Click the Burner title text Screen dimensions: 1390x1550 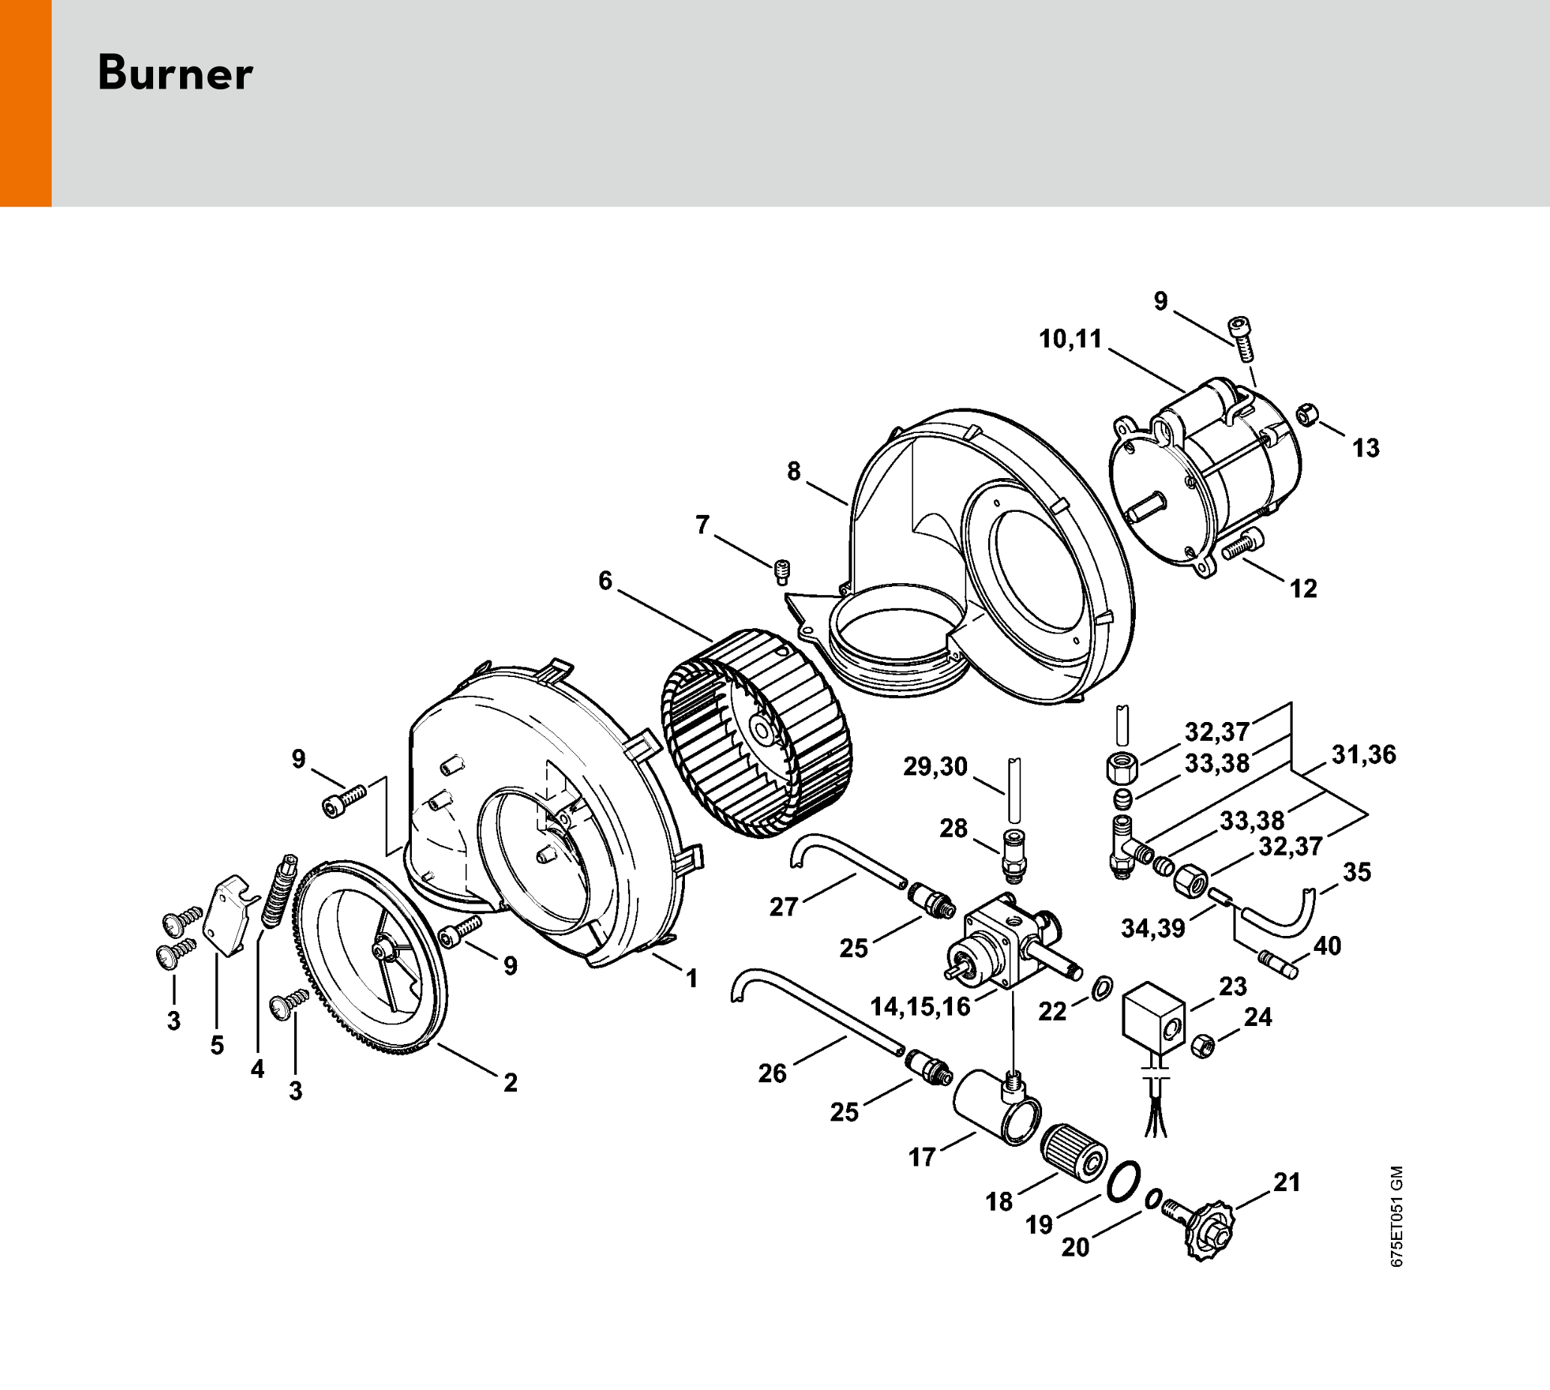[175, 74]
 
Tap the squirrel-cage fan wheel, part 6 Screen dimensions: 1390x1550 [756, 733]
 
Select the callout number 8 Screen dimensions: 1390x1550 [794, 472]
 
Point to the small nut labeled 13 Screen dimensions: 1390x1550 [1308, 417]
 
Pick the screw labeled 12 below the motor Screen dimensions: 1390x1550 [1243, 546]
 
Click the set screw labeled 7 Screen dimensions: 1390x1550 [781, 571]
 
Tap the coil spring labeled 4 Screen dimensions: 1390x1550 [279, 889]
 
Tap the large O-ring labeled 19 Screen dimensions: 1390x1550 [1123, 1180]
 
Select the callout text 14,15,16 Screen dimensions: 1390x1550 [920, 1006]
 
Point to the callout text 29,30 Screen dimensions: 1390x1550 [936, 766]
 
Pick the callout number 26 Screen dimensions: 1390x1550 [772, 1073]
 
